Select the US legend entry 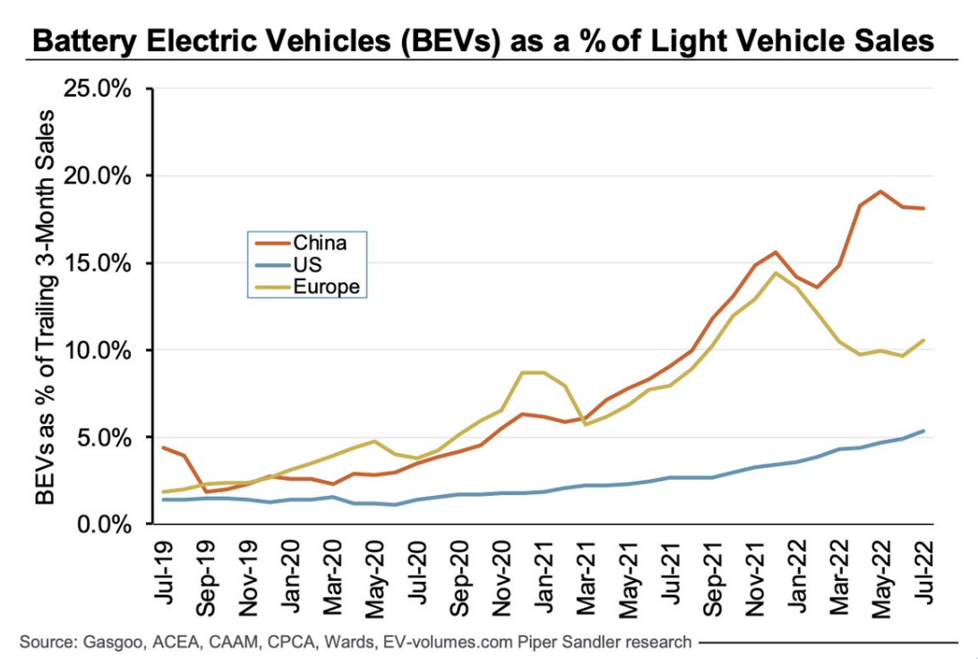pyautogui.click(x=307, y=265)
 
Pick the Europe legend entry pyautogui.click(x=326, y=287)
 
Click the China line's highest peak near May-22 pyautogui.click(x=881, y=191)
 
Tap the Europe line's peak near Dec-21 pyautogui.click(x=775, y=273)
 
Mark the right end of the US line pyautogui.click(x=923, y=431)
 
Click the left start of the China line pyautogui.click(x=163, y=448)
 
